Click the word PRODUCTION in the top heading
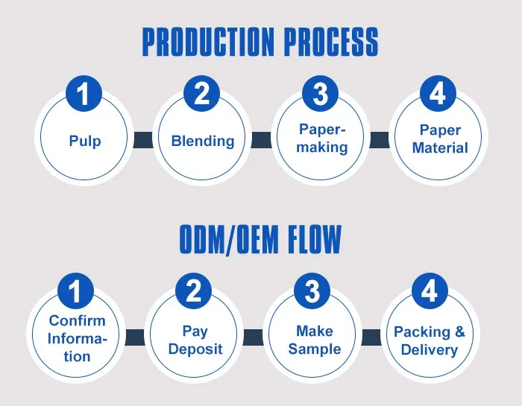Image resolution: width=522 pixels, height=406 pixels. point(208,42)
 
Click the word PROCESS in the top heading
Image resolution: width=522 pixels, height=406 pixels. point(332,42)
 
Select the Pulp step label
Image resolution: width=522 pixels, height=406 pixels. point(85,141)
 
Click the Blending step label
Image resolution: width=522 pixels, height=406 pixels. point(203,141)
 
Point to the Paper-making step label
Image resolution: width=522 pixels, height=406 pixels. point(322,139)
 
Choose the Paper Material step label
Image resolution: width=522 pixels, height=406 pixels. point(440,139)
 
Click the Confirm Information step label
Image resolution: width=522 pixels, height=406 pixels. point(77,338)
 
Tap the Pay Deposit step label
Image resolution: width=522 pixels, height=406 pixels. point(195,340)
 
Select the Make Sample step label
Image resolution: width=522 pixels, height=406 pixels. point(315,340)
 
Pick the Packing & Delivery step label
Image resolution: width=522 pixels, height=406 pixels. point(430,341)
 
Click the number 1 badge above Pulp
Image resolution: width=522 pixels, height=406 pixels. point(84,93)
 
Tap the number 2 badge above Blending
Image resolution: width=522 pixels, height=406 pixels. point(202,93)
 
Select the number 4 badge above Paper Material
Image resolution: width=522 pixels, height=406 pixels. point(438,93)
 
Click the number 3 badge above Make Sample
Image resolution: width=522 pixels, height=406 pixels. point(312,291)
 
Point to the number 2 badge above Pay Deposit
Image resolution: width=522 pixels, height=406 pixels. point(193,291)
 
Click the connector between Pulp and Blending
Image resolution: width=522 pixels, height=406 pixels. point(143,140)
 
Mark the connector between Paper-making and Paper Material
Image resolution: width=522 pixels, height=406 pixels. point(380,140)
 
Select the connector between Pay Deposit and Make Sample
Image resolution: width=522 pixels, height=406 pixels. point(253,337)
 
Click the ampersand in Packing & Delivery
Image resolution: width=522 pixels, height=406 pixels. point(459,332)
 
